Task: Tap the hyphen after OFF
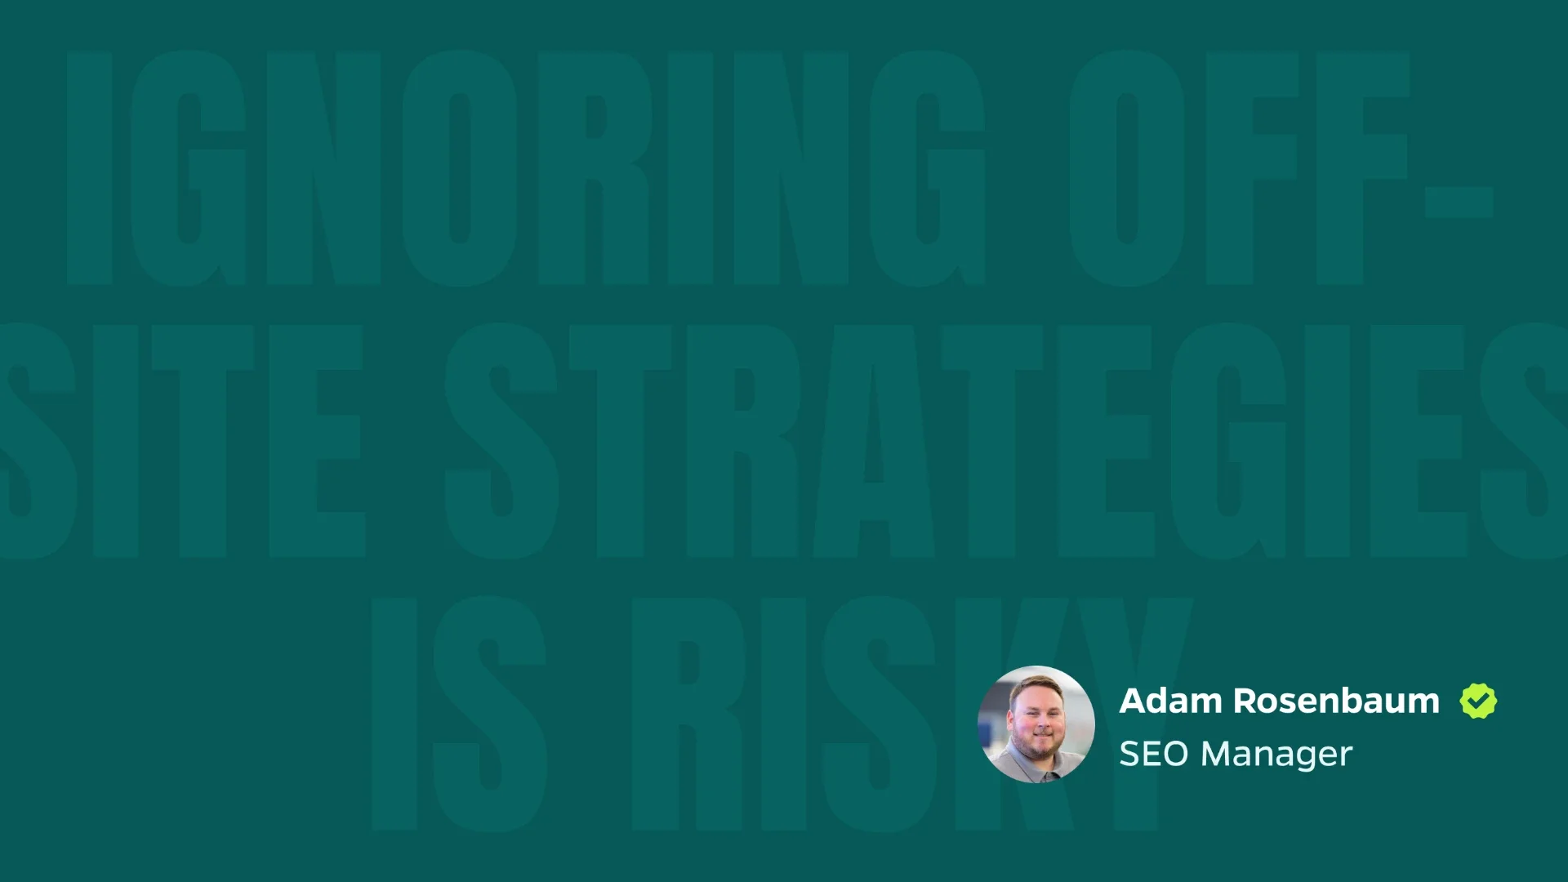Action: (1459, 203)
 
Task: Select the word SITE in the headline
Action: (180, 441)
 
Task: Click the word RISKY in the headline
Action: (911, 714)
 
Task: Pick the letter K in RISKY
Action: (1013, 714)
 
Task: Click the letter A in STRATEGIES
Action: (874, 441)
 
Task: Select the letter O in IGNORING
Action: (459, 167)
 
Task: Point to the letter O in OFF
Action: (1127, 167)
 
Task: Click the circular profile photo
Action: (1036, 724)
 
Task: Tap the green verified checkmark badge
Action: (1478, 701)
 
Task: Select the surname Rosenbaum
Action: (1336, 701)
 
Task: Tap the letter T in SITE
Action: (203, 441)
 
